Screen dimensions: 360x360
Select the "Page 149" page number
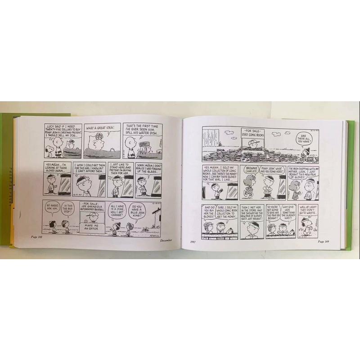coord(324,241)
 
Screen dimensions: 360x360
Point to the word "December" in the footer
coord(166,241)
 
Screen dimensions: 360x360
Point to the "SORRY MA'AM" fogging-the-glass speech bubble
coord(148,171)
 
